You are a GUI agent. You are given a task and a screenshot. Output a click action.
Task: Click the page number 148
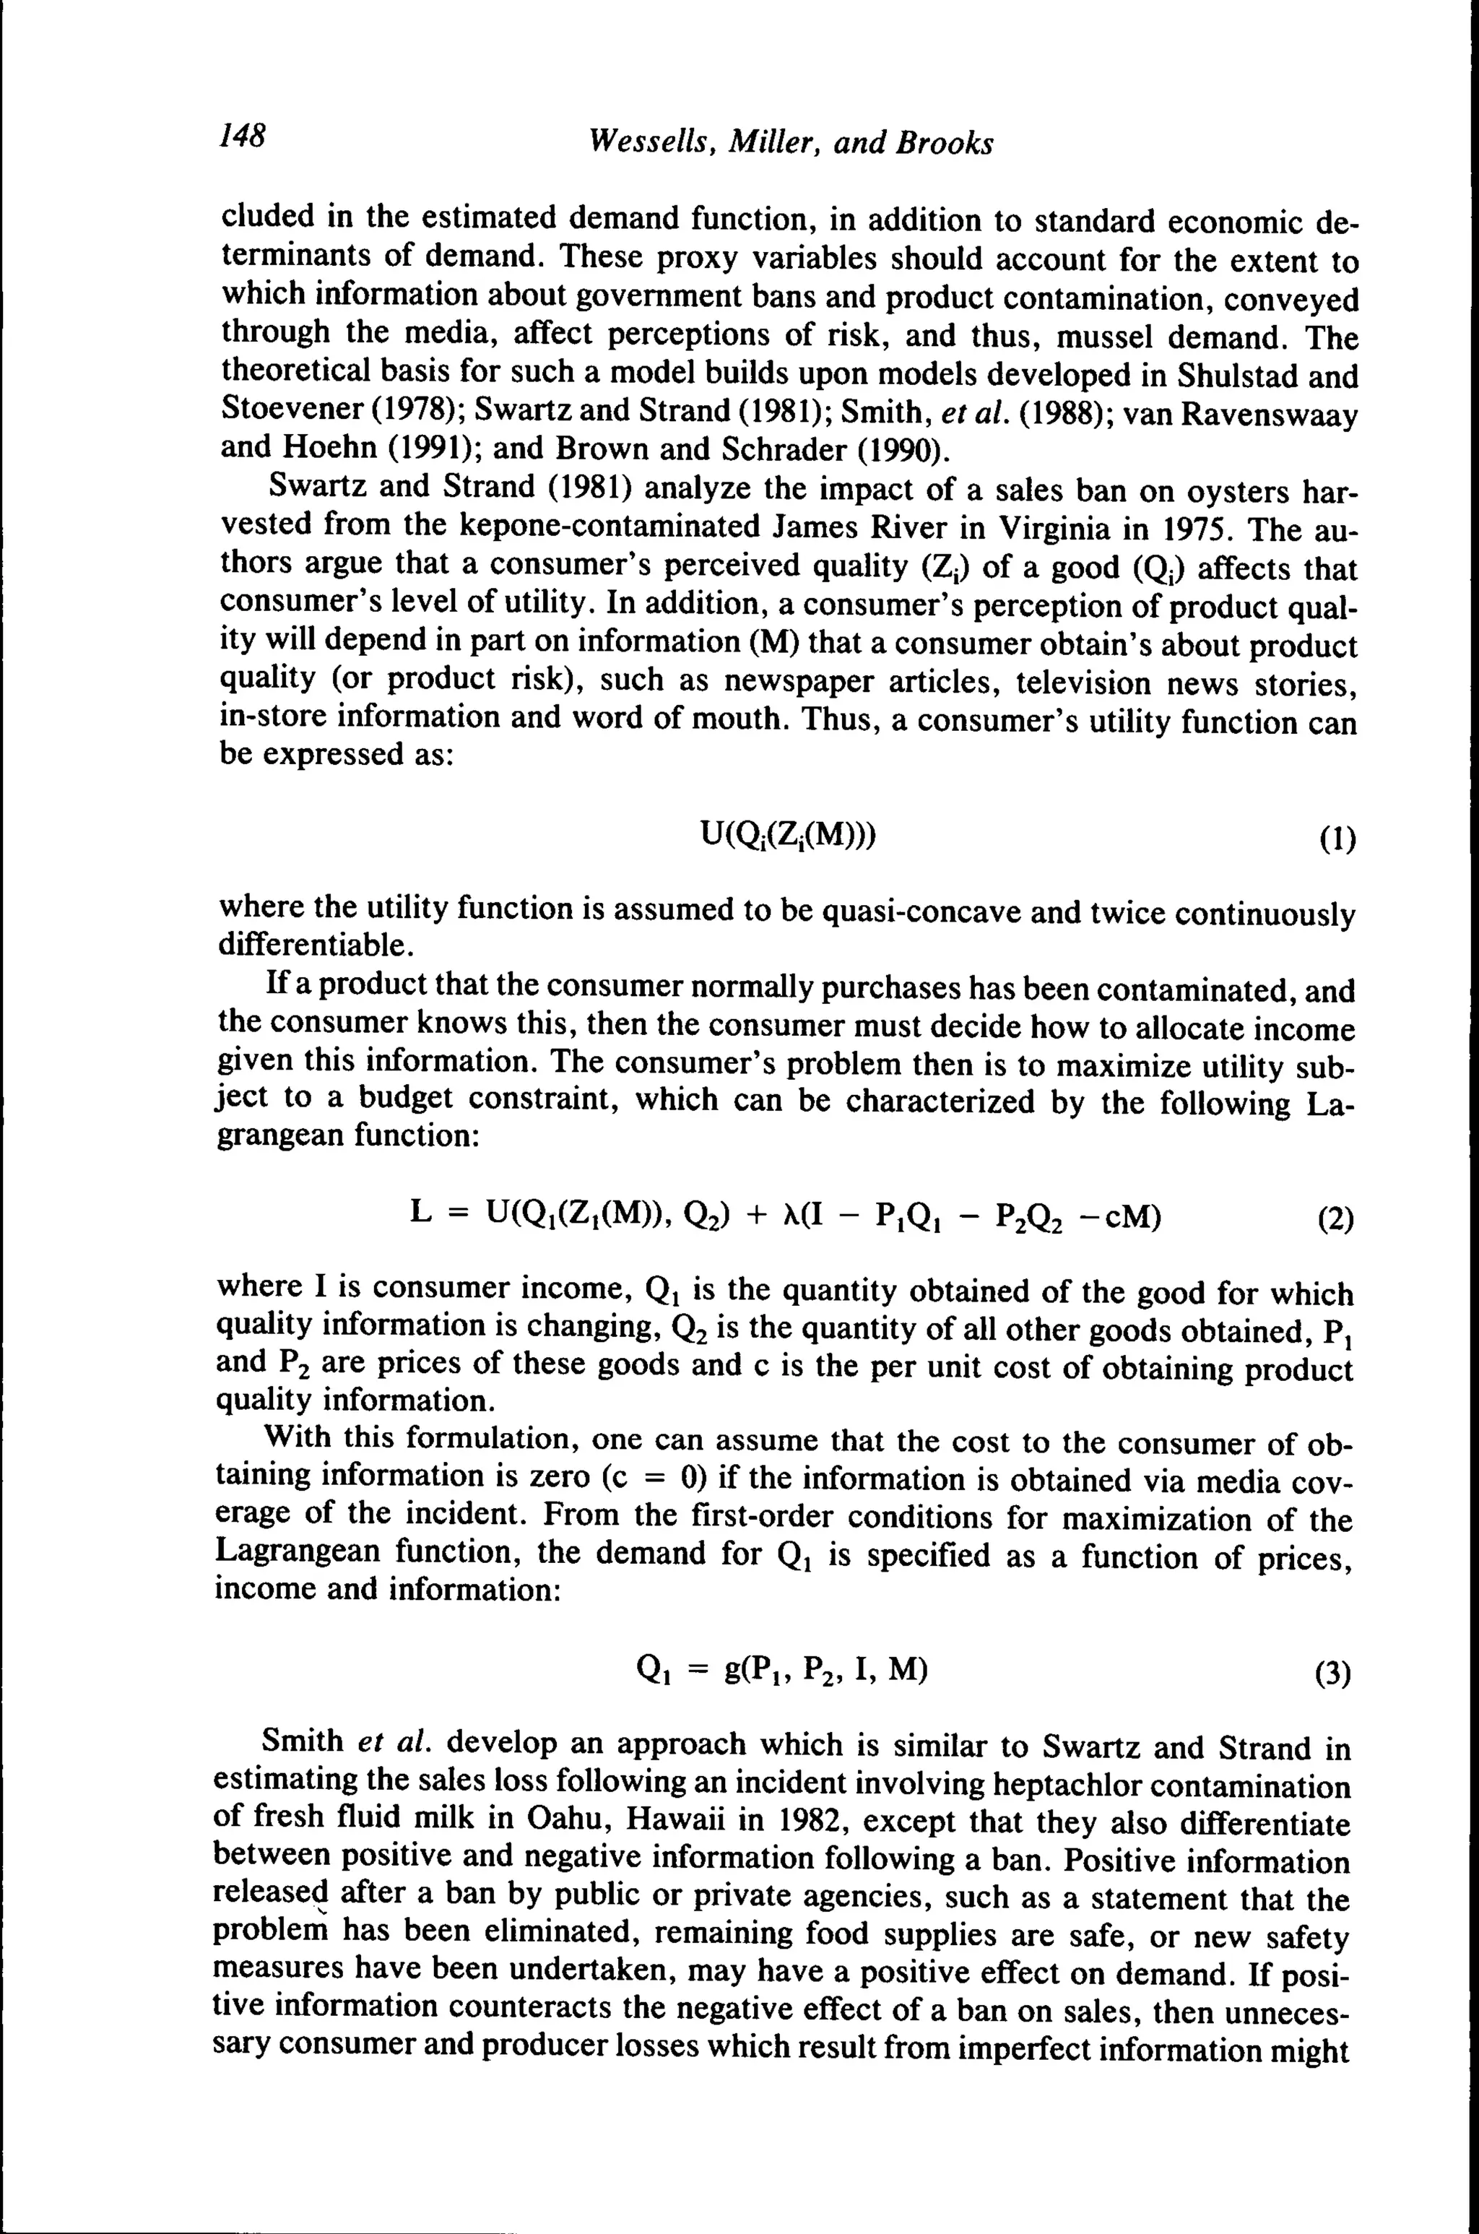(x=243, y=136)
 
